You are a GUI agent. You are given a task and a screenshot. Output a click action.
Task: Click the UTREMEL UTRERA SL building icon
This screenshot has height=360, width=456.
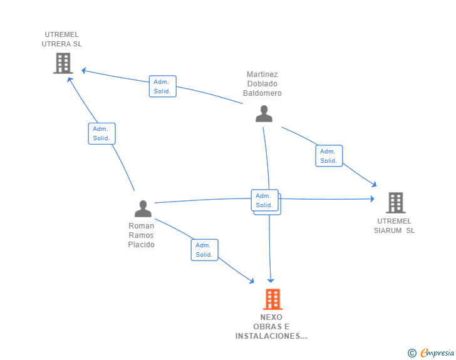(63, 63)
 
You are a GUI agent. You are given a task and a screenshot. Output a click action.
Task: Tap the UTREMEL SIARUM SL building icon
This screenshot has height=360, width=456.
(395, 203)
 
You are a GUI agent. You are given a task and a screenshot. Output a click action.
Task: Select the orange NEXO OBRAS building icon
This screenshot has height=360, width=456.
(272, 299)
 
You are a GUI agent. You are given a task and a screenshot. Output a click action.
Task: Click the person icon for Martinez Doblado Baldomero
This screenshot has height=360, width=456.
(264, 114)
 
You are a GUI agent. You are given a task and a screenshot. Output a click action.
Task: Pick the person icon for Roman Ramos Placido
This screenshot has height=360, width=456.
(143, 208)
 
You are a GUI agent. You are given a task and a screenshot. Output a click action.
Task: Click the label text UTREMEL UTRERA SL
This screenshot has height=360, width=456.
(61, 39)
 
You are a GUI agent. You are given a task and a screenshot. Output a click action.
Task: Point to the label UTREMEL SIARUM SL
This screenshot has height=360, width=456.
(395, 225)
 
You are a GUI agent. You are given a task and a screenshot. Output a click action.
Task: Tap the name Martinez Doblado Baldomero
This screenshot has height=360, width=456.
(262, 84)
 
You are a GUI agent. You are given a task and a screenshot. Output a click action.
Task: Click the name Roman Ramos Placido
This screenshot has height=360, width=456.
(141, 235)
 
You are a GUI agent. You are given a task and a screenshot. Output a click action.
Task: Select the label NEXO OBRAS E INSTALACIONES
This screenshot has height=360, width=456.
(271, 327)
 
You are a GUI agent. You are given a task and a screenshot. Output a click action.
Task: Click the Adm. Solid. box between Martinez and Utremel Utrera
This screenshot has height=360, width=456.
(163, 86)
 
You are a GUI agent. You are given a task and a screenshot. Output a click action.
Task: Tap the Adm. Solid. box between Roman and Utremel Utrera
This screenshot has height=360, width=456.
(101, 133)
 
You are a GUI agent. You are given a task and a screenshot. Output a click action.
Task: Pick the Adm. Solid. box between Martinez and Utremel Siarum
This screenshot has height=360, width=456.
(329, 156)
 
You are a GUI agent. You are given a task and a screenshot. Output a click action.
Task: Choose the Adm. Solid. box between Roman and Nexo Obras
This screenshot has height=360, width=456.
(204, 250)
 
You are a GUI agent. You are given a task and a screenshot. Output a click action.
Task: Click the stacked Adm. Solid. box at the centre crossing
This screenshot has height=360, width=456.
(266, 201)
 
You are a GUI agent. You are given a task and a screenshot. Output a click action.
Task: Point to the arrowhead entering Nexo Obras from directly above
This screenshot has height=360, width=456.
(271, 279)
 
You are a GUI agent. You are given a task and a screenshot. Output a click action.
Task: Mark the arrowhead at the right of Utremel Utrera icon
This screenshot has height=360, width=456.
(84, 71)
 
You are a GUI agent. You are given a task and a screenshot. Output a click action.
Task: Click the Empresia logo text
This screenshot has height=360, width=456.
(437, 353)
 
